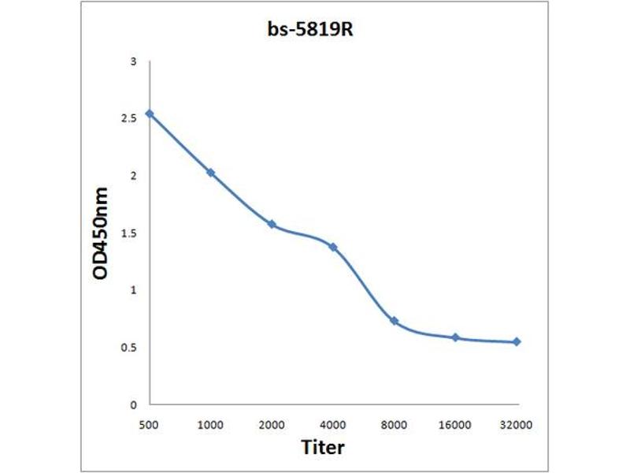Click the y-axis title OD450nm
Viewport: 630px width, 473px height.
point(101,233)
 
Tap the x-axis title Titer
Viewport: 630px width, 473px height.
point(323,447)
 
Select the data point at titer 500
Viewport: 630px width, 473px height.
point(150,114)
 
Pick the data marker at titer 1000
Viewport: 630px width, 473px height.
point(210,173)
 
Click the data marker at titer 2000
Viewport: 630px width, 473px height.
point(272,224)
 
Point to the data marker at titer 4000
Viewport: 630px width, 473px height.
point(333,247)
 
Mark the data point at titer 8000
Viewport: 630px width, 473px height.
point(394,321)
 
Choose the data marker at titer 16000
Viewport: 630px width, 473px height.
point(455,337)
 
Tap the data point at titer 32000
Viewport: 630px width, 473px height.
point(517,341)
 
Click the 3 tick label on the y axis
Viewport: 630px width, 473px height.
point(134,61)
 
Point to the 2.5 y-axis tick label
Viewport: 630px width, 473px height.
point(130,117)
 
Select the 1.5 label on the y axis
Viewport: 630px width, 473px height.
point(130,233)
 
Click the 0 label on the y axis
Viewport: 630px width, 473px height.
point(134,404)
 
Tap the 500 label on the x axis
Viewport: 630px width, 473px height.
point(150,425)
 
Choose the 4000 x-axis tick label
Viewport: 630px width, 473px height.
point(333,425)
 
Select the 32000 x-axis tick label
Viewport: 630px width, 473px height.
point(517,425)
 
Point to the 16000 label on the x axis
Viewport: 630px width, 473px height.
point(455,425)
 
